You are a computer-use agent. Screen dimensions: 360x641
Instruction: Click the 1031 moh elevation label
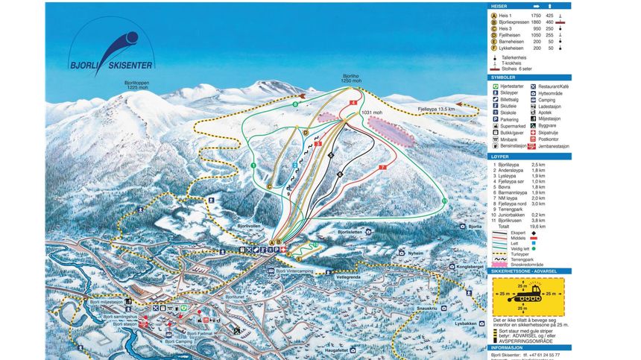click(370, 113)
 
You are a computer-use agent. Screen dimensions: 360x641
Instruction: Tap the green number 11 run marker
click(444, 201)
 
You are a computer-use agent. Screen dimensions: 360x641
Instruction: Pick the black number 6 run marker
click(339, 174)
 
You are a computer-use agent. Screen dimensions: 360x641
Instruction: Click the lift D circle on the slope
click(306, 132)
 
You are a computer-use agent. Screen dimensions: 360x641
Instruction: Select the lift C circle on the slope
click(268, 186)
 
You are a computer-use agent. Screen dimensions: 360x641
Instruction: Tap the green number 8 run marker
click(295, 105)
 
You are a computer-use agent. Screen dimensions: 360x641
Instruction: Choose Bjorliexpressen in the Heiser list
click(517, 23)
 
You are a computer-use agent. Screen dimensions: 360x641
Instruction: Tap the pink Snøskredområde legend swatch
click(498, 263)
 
